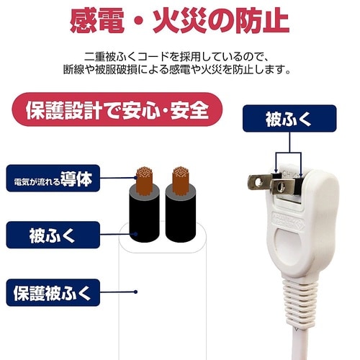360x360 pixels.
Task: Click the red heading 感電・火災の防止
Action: point(179,20)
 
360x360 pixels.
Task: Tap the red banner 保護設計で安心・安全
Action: point(117,109)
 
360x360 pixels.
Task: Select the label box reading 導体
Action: point(53,179)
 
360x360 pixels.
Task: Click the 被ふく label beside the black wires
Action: point(53,235)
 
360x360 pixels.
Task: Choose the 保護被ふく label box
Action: point(53,292)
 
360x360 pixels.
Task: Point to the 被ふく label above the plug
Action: point(289,119)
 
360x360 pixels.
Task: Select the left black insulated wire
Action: point(145,214)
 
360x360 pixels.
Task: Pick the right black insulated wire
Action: point(181,214)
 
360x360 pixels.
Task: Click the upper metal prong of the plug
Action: point(260,182)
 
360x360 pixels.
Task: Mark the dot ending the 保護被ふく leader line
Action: point(135,292)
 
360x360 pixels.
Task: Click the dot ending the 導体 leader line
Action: point(135,178)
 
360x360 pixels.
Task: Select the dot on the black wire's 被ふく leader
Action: point(135,234)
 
